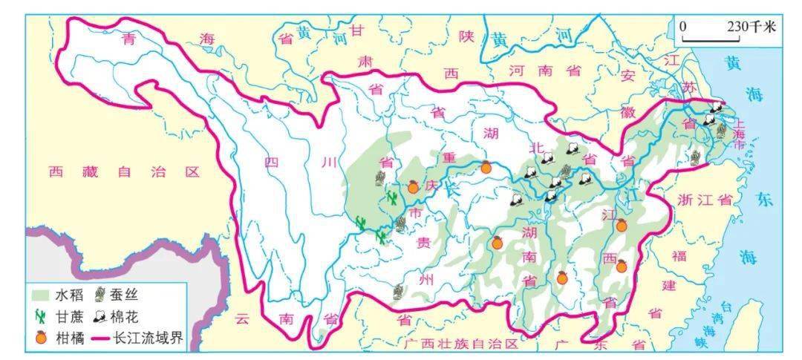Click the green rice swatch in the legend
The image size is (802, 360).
[x=41, y=295]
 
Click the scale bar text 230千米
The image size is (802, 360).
[x=751, y=27]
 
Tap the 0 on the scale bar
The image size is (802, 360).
[x=683, y=27]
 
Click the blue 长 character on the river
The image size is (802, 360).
[x=452, y=189]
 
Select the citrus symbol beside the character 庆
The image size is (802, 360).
[x=414, y=188]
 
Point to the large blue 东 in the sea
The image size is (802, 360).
[x=765, y=200]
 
